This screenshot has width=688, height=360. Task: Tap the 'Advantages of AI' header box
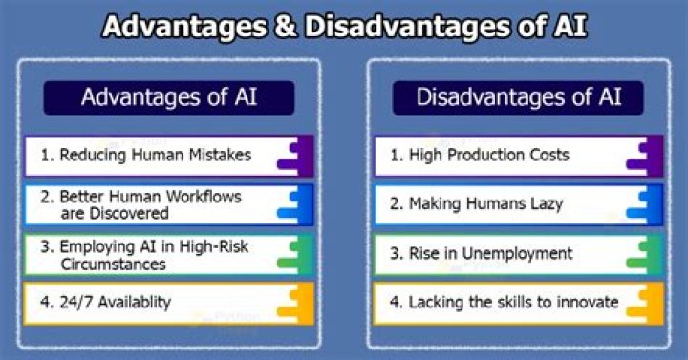click(x=167, y=96)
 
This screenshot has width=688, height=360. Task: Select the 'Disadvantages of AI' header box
click(x=517, y=96)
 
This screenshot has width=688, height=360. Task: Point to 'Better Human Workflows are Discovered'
click(x=150, y=204)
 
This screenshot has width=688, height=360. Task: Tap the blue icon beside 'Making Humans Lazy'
click(x=646, y=204)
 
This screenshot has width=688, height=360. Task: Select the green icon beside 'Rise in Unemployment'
click(x=646, y=253)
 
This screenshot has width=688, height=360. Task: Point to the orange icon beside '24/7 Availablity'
click(x=296, y=302)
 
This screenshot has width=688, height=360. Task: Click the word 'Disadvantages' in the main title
click(x=398, y=26)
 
